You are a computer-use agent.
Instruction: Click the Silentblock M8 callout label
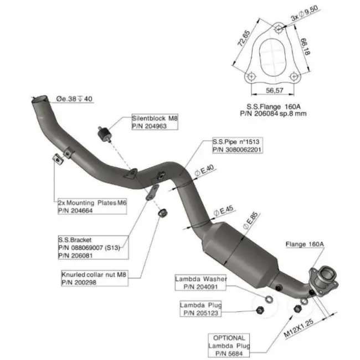click(x=155, y=122)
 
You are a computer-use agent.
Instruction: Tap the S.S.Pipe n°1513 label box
click(x=238, y=146)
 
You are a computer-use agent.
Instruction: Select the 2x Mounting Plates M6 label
click(x=92, y=207)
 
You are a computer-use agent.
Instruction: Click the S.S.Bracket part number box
click(x=93, y=248)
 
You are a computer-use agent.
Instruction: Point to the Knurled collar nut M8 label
click(x=95, y=278)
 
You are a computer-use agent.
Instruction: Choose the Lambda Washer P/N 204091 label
click(x=200, y=282)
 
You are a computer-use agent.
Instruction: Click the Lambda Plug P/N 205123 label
click(x=200, y=309)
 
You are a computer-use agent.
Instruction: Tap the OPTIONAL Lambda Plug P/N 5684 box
click(x=229, y=345)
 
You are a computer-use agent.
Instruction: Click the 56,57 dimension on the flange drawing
click(x=274, y=90)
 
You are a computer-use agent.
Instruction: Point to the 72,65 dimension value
click(x=243, y=38)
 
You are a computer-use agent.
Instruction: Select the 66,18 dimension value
click(x=305, y=47)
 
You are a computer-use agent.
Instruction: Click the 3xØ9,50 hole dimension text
click(x=305, y=13)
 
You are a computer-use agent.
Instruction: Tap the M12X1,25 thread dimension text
click(x=299, y=328)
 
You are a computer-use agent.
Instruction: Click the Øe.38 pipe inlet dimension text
click(x=74, y=99)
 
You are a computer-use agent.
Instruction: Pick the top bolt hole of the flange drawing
click(x=279, y=29)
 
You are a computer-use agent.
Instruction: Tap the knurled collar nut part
click(x=163, y=213)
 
